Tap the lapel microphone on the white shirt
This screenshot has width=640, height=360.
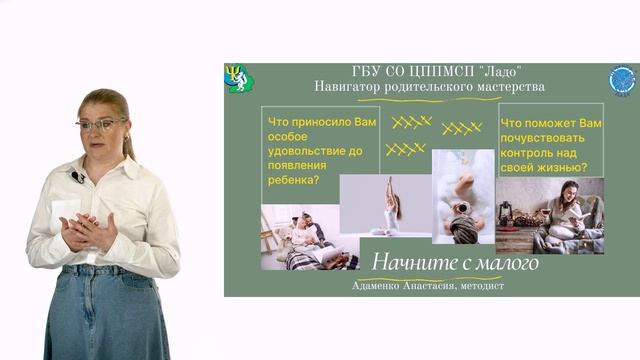click(x=77, y=177)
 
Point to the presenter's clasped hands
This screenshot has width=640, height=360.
click(x=88, y=233)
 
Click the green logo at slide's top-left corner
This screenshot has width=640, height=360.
click(x=238, y=78)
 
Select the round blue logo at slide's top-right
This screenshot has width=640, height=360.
click(x=622, y=80)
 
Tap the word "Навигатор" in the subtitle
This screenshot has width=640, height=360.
click(x=351, y=87)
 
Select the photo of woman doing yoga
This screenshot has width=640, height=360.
click(x=385, y=205)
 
